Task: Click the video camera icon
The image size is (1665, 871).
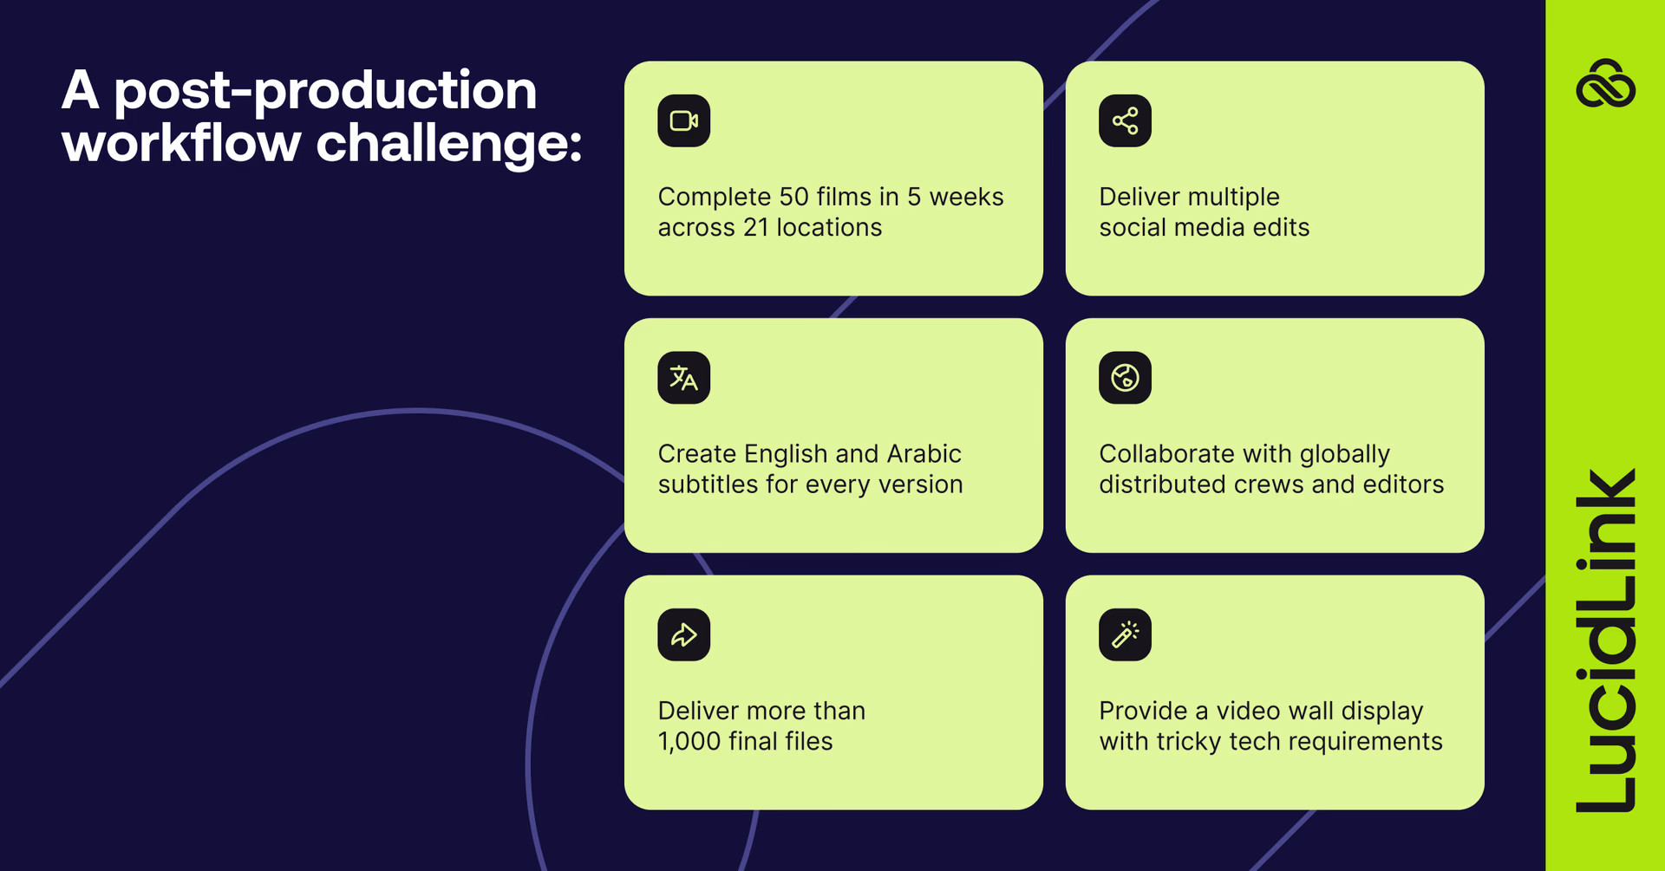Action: click(683, 120)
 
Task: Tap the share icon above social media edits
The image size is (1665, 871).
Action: click(1125, 120)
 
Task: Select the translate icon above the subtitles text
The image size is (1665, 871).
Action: click(683, 378)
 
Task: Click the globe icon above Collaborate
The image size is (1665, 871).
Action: click(1125, 378)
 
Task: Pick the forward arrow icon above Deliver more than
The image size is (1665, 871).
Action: click(683, 634)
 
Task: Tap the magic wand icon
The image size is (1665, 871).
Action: click(1125, 634)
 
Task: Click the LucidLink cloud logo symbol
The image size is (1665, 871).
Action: click(1605, 83)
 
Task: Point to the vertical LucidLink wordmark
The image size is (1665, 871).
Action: click(1605, 640)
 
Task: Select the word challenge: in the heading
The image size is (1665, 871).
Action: click(448, 142)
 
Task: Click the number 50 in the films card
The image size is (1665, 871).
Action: click(793, 197)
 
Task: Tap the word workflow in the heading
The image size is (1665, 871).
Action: click(181, 142)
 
